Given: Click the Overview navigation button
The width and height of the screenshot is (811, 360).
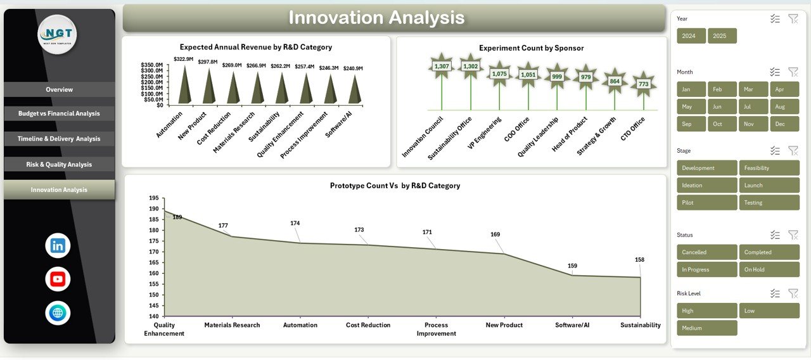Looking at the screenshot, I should click(x=59, y=89).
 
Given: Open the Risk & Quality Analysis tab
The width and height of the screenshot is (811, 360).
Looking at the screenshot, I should click(x=59, y=164).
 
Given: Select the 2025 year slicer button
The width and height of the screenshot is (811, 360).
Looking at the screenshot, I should click(x=722, y=36).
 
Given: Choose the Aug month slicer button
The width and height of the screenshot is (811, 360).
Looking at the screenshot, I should click(x=784, y=106).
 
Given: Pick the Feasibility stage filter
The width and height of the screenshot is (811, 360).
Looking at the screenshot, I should click(x=769, y=168).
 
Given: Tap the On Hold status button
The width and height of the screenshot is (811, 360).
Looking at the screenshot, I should click(x=769, y=269).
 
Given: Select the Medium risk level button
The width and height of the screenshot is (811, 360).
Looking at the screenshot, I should click(x=707, y=328).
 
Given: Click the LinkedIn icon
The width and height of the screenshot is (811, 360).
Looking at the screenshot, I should click(x=58, y=246).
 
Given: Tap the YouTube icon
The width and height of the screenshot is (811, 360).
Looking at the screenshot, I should click(x=58, y=279).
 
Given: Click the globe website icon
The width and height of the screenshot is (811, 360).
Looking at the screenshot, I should click(x=58, y=312).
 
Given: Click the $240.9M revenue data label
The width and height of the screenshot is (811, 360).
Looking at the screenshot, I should click(x=353, y=68).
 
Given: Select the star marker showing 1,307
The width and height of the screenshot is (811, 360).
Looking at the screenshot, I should click(x=442, y=66).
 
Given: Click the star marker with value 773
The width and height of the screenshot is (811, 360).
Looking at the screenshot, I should click(x=644, y=84).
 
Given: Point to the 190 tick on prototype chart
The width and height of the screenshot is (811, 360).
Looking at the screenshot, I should click(x=154, y=198).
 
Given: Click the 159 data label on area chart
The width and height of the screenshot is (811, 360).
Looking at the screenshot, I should click(x=572, y=266).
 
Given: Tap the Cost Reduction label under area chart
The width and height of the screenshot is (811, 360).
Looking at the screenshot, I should click(x=368, y=325).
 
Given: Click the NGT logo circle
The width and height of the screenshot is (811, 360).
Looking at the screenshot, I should click(x=57, y=34).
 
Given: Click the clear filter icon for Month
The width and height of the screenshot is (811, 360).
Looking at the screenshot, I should click(x=793, y=72).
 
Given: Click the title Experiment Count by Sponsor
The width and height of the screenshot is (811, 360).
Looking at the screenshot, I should click(x=531, y=48).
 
